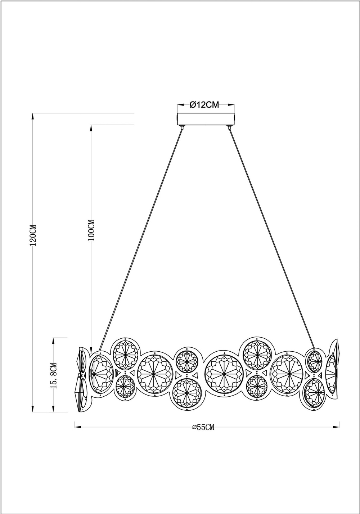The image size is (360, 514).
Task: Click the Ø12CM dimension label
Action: tap(204, 105)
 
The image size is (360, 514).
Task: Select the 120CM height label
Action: tap(33, 235)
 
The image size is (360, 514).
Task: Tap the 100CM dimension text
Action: tap(91, 230)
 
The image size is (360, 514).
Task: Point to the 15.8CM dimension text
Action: tap(54, 375)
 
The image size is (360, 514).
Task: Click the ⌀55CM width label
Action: tap(203, 427)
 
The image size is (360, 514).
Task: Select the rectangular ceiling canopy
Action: tap(206, 119)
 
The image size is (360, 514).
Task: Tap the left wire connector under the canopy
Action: tap(182, 127)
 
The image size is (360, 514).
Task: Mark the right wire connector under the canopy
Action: tap(229, 127)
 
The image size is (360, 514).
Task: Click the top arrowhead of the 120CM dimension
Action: tap(33, 116)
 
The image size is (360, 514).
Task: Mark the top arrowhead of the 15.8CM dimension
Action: tap(54, 341)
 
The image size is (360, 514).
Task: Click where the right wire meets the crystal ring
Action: tap(314, 348)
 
